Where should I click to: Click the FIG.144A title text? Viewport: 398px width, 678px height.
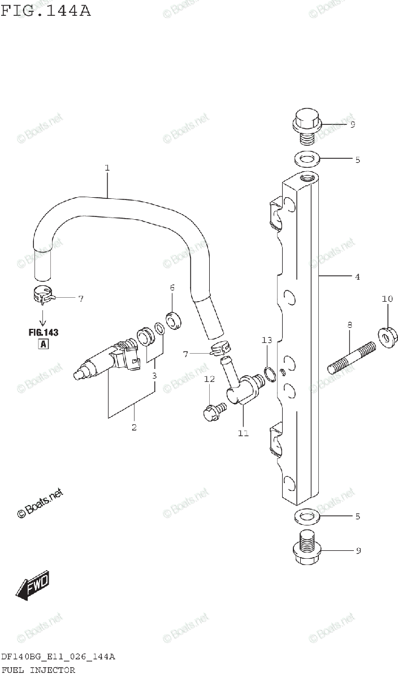pos(45,11)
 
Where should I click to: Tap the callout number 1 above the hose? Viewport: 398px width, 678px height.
pos(107,168)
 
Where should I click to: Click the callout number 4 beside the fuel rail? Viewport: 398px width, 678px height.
pos(357,277)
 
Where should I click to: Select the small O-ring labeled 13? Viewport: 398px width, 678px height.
pos(270,372)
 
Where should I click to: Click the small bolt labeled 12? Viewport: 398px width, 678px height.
pos(215,410)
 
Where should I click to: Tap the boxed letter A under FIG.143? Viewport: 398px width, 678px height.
pos(43,345)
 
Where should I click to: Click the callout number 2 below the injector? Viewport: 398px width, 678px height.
pos(134,427)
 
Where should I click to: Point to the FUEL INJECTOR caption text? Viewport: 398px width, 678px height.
pos(38,670)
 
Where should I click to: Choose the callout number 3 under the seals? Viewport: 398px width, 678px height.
pos(154,375)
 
